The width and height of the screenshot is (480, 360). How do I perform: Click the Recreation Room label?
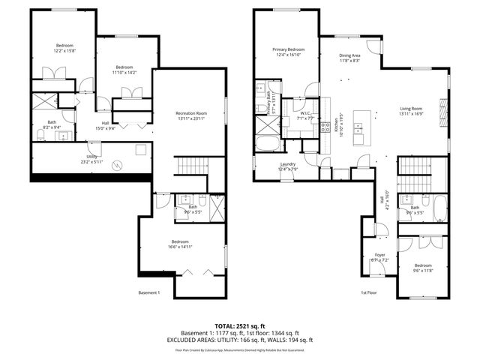coord(191,112)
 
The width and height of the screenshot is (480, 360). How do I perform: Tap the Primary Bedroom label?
coord(289,50)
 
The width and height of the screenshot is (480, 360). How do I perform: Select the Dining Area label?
coord(350,55)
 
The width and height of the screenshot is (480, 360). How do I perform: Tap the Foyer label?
coord(379,255)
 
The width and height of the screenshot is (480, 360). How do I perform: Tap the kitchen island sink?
coord(358,129)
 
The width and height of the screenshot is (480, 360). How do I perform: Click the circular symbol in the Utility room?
coord(115,165)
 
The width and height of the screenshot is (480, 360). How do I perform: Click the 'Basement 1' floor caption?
coord(149,292)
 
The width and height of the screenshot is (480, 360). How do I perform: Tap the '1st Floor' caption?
coord(368,292)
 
